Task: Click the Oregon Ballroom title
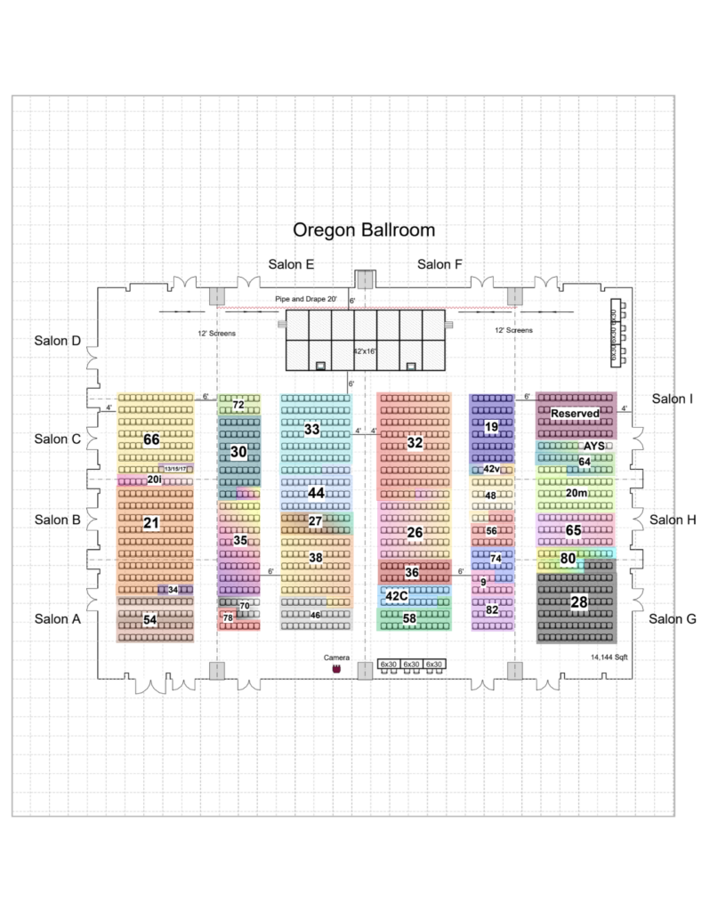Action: pos(364,230)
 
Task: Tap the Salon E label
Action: pos(291,264)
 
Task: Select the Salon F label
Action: pos(440,264)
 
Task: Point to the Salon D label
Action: pos(58,340)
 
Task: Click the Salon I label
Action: pos(673,399)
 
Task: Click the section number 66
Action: pos(151,439)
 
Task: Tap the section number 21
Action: pos(151,523)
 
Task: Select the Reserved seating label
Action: pos(575,414)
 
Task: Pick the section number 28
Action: pos(578,602)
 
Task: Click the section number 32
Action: pos(415,442)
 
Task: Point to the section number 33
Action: pos(311,429)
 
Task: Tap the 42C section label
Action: pos(397,596)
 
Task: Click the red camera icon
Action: pos(336,668)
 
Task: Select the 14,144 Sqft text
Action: pos(609,657)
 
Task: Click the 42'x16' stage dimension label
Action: pos(366,351)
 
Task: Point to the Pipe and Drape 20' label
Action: pos(304,300)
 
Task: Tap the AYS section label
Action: pos(593,446)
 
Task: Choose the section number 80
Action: pos(568,559)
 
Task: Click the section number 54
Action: pos(150,619)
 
